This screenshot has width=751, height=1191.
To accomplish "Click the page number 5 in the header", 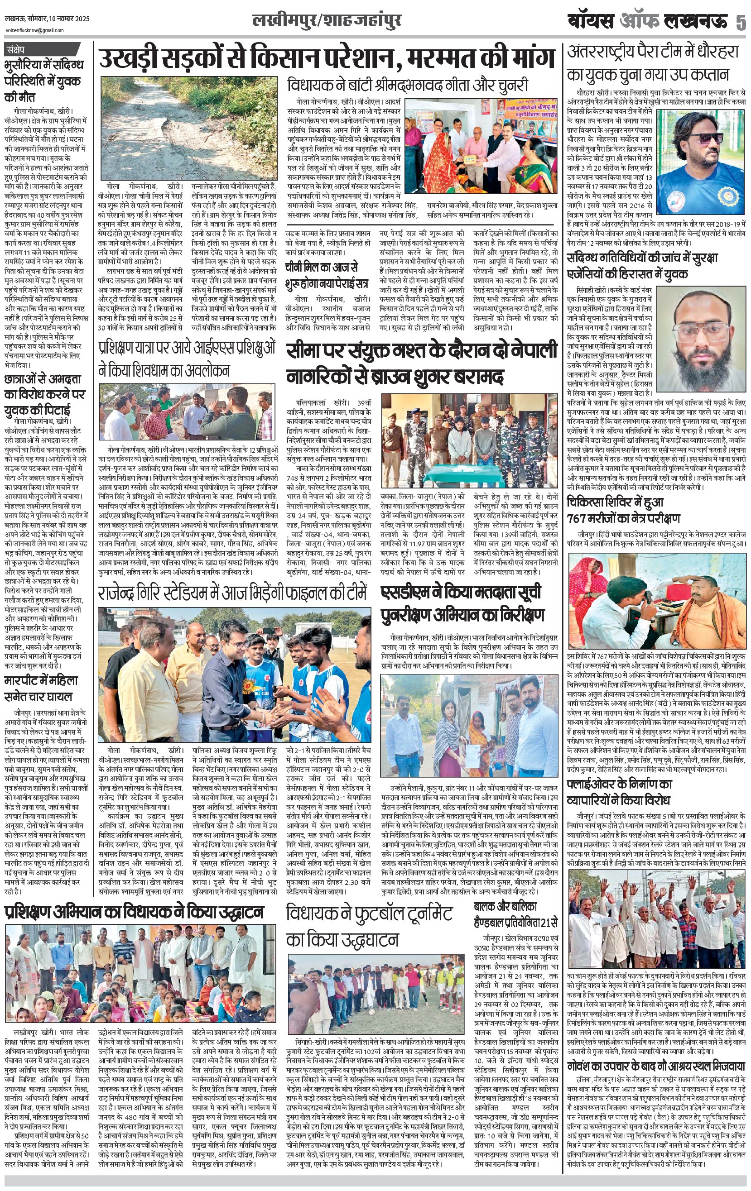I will (x=740, y=22).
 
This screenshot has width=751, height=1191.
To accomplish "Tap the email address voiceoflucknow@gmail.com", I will (x=35, y=30).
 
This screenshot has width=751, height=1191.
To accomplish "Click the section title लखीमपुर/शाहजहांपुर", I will (x=327, y=21).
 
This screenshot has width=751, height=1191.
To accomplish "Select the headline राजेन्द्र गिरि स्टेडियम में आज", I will (x=233, y=593).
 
